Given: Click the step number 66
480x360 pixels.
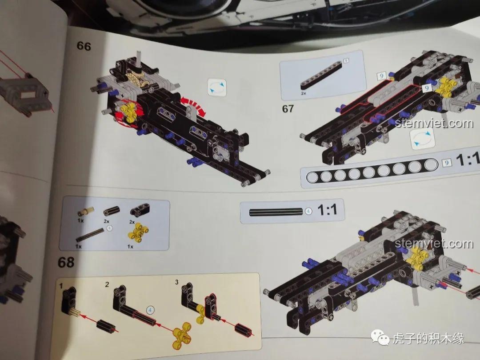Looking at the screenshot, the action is [84, 46].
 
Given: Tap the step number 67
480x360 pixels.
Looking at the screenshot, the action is [288, 109].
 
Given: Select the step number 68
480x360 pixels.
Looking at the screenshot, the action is [66, 262].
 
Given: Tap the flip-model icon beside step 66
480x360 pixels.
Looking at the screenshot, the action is [217, 87].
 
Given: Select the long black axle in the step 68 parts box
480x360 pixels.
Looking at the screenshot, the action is [90, 235].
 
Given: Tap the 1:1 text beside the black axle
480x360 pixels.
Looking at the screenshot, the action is [327, 210].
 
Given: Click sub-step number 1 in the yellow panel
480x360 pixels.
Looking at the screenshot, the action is [61, 286].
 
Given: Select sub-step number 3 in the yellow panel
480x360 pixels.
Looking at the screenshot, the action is [176, 282].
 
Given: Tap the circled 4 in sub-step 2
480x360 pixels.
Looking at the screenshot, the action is [150, 310].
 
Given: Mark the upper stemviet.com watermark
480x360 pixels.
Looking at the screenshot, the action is [434, 124].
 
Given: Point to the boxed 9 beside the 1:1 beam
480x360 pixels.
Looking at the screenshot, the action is [447, 163].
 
